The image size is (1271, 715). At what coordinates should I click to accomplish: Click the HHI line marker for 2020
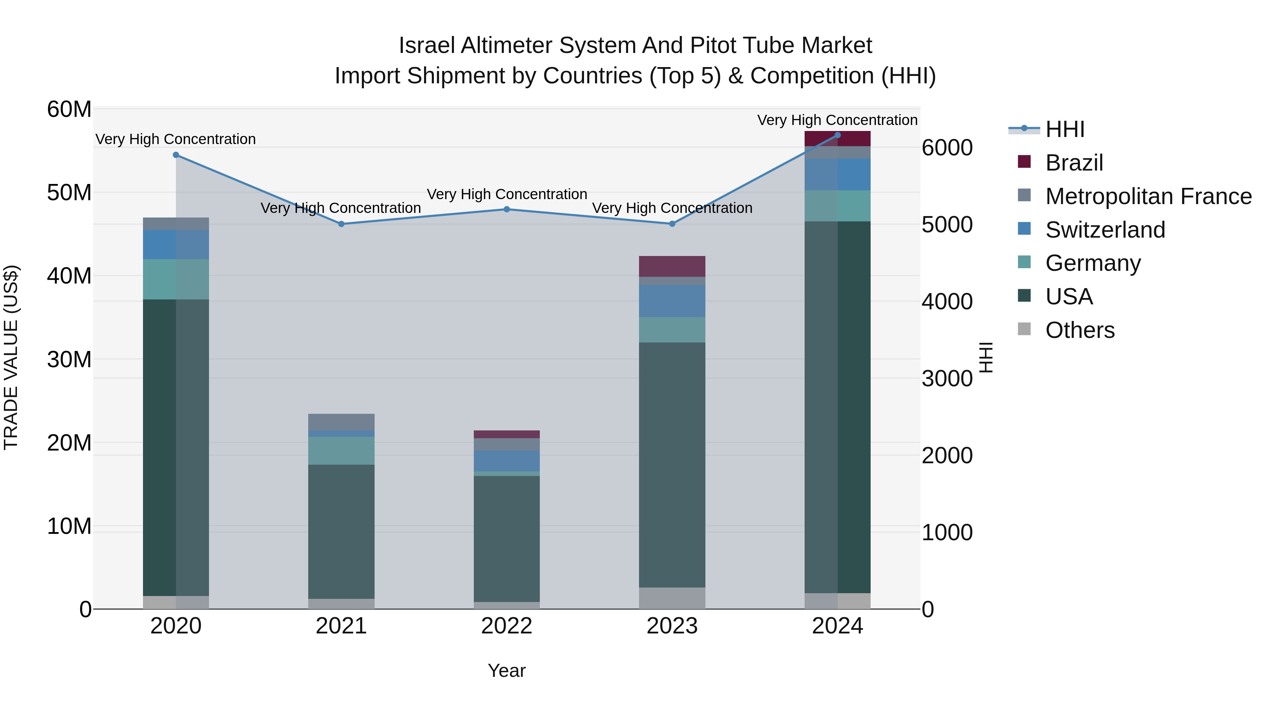176,155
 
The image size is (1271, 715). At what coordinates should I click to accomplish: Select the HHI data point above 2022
506,209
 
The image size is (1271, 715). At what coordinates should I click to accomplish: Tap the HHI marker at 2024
837,135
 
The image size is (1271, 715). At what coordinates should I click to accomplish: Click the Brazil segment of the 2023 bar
672,267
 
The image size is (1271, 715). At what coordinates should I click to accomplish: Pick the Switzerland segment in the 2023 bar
672,301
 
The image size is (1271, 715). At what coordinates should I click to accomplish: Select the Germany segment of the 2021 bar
341,451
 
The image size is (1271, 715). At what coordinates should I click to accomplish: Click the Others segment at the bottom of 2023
672,598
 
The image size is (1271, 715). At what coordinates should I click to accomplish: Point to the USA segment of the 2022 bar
506,538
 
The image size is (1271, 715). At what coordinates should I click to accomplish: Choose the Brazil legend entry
1074,163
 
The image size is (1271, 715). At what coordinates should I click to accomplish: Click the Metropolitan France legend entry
1148,196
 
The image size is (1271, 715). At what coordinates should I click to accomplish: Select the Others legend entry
1080,330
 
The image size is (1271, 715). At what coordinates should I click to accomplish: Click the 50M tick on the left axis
69,192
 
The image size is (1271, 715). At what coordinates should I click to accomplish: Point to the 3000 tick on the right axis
947,379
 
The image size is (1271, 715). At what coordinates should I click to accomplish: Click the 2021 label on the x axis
341,626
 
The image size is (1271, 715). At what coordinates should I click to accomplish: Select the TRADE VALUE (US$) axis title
11,357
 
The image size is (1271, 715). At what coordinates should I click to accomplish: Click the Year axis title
506,671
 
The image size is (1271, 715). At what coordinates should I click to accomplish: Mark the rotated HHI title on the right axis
985,357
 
